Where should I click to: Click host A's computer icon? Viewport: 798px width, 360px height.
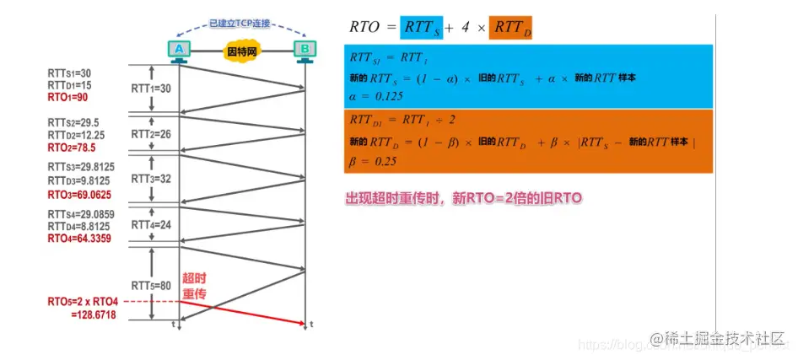[x=178, y=50]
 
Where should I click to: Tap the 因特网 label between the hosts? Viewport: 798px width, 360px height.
[x=240, y=51]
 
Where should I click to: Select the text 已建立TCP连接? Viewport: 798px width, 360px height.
[x=240, y=24]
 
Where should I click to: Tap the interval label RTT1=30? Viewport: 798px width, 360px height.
[x=151, y=88]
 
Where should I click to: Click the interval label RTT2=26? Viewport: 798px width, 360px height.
[x=151, y=133]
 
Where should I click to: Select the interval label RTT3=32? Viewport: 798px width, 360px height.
[x=151, y=179]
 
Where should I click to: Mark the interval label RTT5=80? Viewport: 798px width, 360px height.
[x=151, y=285]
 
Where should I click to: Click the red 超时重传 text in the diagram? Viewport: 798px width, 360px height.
[x=194, y=287]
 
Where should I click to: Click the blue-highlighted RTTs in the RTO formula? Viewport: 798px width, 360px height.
[x=423, y=27]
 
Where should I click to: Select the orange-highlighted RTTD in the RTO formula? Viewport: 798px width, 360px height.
[x=510, y=27]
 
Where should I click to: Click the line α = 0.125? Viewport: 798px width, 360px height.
[x=376, y=96]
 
